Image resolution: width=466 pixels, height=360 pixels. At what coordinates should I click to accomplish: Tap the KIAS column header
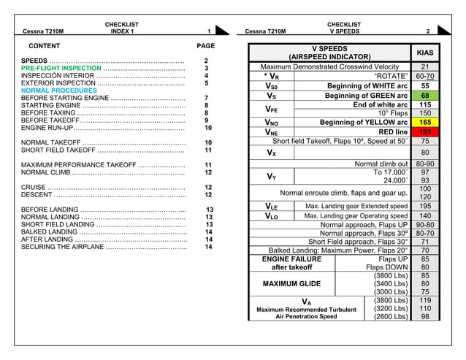pyautogui.click(x=424, y=53)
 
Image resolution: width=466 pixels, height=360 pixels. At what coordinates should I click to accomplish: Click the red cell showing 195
pyautogui.click(x=425, y=132)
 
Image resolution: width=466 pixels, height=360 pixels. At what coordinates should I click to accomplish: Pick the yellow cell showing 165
pyautogui.click(x=425, y=123)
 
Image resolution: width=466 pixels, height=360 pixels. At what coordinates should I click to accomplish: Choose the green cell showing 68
pyautogui.click(x=425, y=96)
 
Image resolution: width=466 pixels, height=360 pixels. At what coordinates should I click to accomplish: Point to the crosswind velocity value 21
pyautogui.click(x=425, y=66)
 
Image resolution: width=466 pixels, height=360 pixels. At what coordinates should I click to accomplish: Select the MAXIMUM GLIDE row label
pyautogui.click(x=291, y=283)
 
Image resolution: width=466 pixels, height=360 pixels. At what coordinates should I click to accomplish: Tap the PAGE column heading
pyautogui.click(x=207, y=45)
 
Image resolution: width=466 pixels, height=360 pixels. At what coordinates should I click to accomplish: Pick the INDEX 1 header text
pyautogui.click(x=122, y=31)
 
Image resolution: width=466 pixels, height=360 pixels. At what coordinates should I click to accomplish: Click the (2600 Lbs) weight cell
pyautogui.click(x=389, y=317)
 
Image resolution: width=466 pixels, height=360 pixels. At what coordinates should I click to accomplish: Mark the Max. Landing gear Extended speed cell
pyautogui.click(x=356, y=207)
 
